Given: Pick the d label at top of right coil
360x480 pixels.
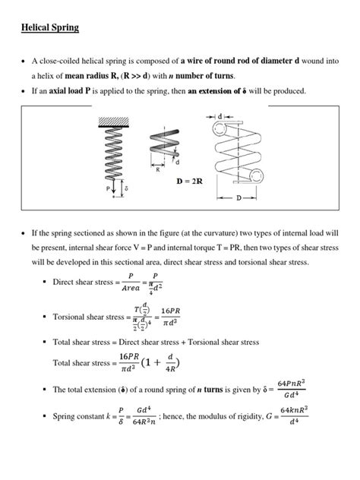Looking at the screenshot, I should pyautogui.click(x=219, y=115).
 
